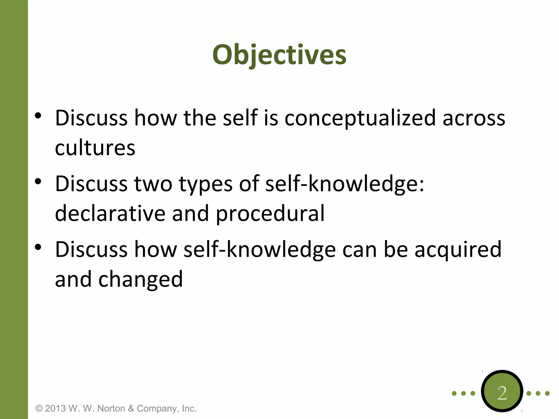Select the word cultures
(x=95, y=148)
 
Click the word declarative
(x=110, y=214)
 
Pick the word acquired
(x=458, y=250)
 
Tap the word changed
(x=140, y=280)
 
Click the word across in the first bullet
(x=474, y=118)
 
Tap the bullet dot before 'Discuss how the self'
(x=38, y=116)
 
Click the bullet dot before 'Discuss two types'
(x=38, y=181)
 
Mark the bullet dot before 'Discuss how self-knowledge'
(x=38, y=247)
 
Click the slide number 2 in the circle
(x=502, y=393)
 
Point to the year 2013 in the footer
(x=55, y=409)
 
